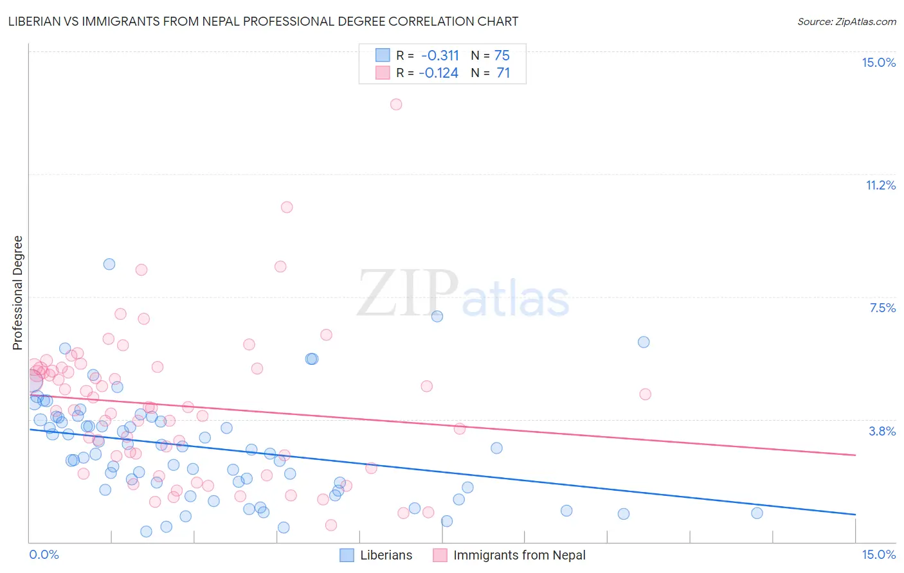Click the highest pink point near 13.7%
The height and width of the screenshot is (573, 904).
pos(396,104)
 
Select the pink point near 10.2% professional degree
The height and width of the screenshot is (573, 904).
pos(287,207)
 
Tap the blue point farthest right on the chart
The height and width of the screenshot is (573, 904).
pos(757,513)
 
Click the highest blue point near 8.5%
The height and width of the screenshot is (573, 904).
pos(109,264)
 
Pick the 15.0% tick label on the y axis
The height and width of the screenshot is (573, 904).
pos(878,62)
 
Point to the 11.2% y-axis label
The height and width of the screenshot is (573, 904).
pos(880,185)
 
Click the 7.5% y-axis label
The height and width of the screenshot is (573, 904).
pos(882,308)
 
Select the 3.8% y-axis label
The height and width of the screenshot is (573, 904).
pos(882,431)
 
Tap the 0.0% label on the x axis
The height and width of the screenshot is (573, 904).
pos(44,554)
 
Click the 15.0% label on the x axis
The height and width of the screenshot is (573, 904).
pos(878,554)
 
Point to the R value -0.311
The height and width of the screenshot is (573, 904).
pos(440,55)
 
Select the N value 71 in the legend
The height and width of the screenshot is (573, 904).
pos(503,73)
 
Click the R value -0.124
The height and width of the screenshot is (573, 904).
pos(438,73)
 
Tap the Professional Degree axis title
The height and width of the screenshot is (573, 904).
pos(17,293)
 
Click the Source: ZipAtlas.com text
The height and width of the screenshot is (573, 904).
pos(846,21)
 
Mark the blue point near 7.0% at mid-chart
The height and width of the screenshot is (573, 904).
pos(437,316)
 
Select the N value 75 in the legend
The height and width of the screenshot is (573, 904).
pos(502,55)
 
